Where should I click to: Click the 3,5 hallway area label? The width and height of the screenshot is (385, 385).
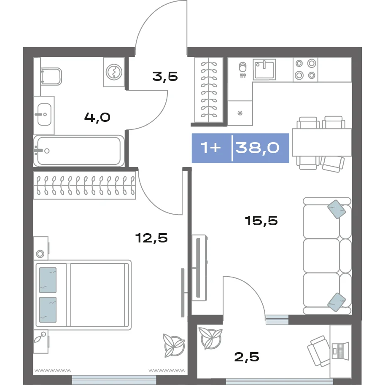pos(165,77)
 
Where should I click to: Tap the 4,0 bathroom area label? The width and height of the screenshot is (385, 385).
pos(97,117)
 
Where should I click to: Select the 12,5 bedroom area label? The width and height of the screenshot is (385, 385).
pos(151,238)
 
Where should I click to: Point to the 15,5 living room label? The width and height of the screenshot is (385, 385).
pos(261,221)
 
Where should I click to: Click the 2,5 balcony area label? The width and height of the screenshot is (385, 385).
pos(247,357)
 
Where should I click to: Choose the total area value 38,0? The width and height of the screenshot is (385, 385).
pos(257,148)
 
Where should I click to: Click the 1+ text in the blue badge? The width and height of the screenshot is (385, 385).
pos(211,148)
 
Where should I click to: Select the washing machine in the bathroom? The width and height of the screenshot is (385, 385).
pos(114,72)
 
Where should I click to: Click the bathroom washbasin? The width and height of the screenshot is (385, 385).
pos(44,115)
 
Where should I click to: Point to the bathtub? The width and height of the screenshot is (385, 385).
pos(79,151)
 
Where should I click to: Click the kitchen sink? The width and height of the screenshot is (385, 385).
pos(264,69)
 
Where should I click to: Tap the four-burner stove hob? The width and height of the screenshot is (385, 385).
pos(305,70)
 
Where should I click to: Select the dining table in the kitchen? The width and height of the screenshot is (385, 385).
pos(322,142)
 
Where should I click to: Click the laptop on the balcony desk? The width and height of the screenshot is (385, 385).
pos(340,351)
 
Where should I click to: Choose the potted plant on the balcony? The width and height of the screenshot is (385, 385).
pos(210,338)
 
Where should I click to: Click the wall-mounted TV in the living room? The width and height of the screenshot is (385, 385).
pos(199,268)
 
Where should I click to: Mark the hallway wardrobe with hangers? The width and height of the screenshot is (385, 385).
pos(209,90)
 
